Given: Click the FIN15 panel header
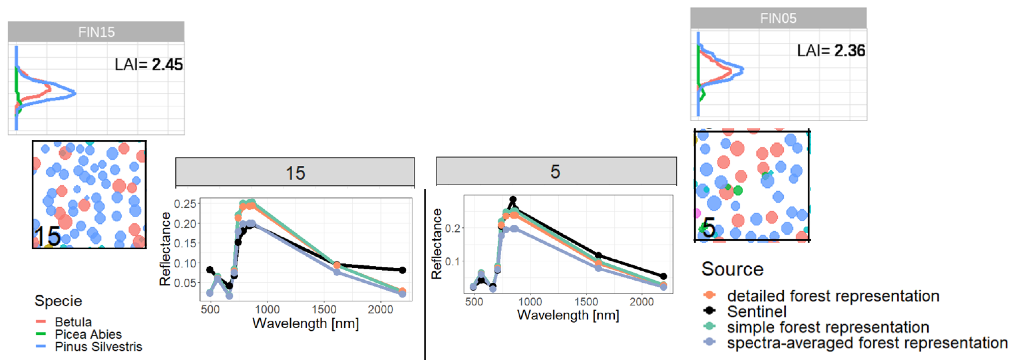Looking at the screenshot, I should [96, 32].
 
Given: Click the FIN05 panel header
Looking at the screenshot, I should [778, 18].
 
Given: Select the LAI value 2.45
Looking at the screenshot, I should [167, 65].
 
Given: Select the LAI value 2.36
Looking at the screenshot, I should [849, 51].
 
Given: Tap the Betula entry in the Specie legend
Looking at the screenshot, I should [73, 322].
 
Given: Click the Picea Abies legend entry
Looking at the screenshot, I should [88, 334].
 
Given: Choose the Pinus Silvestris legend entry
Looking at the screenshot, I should [98, 347].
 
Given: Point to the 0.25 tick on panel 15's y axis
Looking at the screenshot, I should [185, 204].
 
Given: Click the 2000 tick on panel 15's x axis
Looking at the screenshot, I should [380, 310].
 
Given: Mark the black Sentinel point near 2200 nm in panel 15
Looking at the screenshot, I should [402, 270].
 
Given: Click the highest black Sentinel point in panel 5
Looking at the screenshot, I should [513, 200].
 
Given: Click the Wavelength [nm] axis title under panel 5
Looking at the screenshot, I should [568, 315].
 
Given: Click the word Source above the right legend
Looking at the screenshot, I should [732, 269].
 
